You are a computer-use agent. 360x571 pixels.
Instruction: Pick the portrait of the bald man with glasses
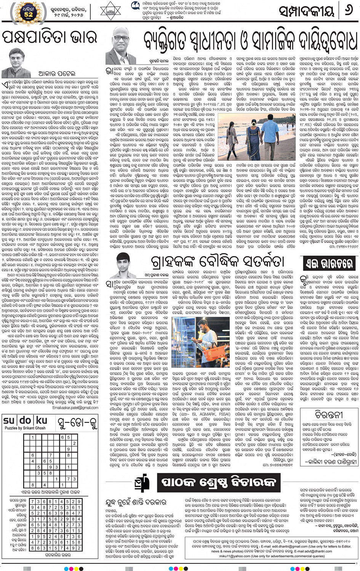tap(121, 50)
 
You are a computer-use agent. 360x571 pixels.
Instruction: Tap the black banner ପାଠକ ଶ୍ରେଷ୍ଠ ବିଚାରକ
tap(218, 482)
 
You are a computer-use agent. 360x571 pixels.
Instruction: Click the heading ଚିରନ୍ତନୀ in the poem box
tap(329, 414)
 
